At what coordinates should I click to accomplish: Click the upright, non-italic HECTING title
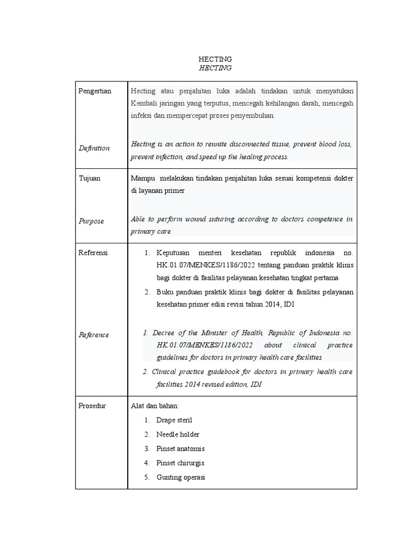coord(215,59)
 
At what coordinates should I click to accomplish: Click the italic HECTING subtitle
coord(215,68)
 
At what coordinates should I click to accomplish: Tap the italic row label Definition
coord(94,148)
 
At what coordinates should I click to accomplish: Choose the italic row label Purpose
coord(91,221)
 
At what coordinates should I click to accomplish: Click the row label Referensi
coord(93,253)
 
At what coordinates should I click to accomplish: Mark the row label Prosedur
coord(92,406)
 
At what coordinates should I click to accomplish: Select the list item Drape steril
coord(174,420)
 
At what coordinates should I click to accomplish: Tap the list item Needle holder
coord(178,434)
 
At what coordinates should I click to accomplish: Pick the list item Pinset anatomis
coord(180,449)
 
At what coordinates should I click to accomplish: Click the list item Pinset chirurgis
coord(180,463)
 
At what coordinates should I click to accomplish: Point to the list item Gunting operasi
coord(181,477)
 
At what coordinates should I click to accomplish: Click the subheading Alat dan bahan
coord(154,406)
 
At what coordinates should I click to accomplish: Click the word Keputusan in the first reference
coord(174,253)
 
